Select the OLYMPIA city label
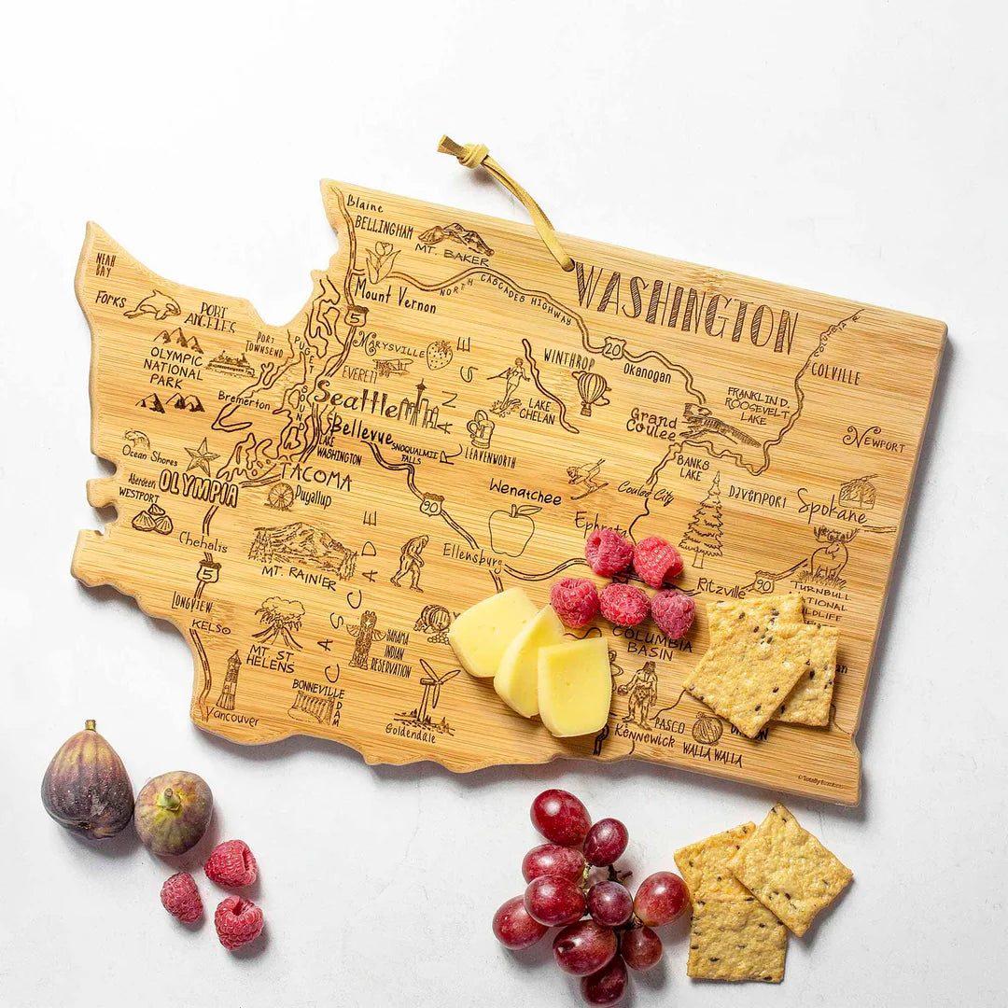point(198,485)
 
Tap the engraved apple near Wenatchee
point(511,530)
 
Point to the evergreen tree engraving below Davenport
point(704,522)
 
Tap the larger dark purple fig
point(87,782)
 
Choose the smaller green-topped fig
point(174,811)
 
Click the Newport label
point(874,439)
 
